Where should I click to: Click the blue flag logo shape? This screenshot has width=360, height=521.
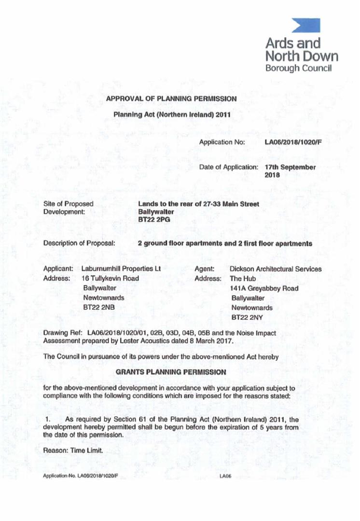click(305, 26)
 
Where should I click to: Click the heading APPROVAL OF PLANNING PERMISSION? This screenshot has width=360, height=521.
click(171, 99)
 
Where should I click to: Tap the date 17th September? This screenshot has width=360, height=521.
click(291, 167)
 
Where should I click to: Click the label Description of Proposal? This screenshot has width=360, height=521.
click(79, 243)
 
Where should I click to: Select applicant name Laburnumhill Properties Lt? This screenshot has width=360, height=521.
click(121, 269)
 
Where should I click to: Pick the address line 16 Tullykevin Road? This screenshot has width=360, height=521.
click(111, 278)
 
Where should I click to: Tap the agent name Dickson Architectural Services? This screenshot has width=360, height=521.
click(276, 269)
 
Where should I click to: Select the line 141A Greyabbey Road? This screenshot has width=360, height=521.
click(264, 288)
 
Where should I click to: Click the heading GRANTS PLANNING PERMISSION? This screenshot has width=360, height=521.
click(171, 372)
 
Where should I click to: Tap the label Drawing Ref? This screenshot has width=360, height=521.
click(63, 332)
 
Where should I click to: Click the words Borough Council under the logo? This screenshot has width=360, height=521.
click(298, 68)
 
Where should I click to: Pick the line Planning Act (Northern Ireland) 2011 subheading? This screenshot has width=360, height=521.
click(171, 115)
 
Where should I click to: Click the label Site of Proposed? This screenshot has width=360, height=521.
click(69, 204)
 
